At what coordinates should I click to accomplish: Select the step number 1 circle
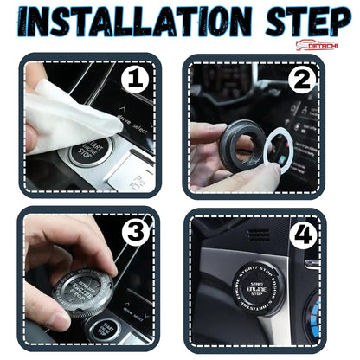point(136,80)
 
